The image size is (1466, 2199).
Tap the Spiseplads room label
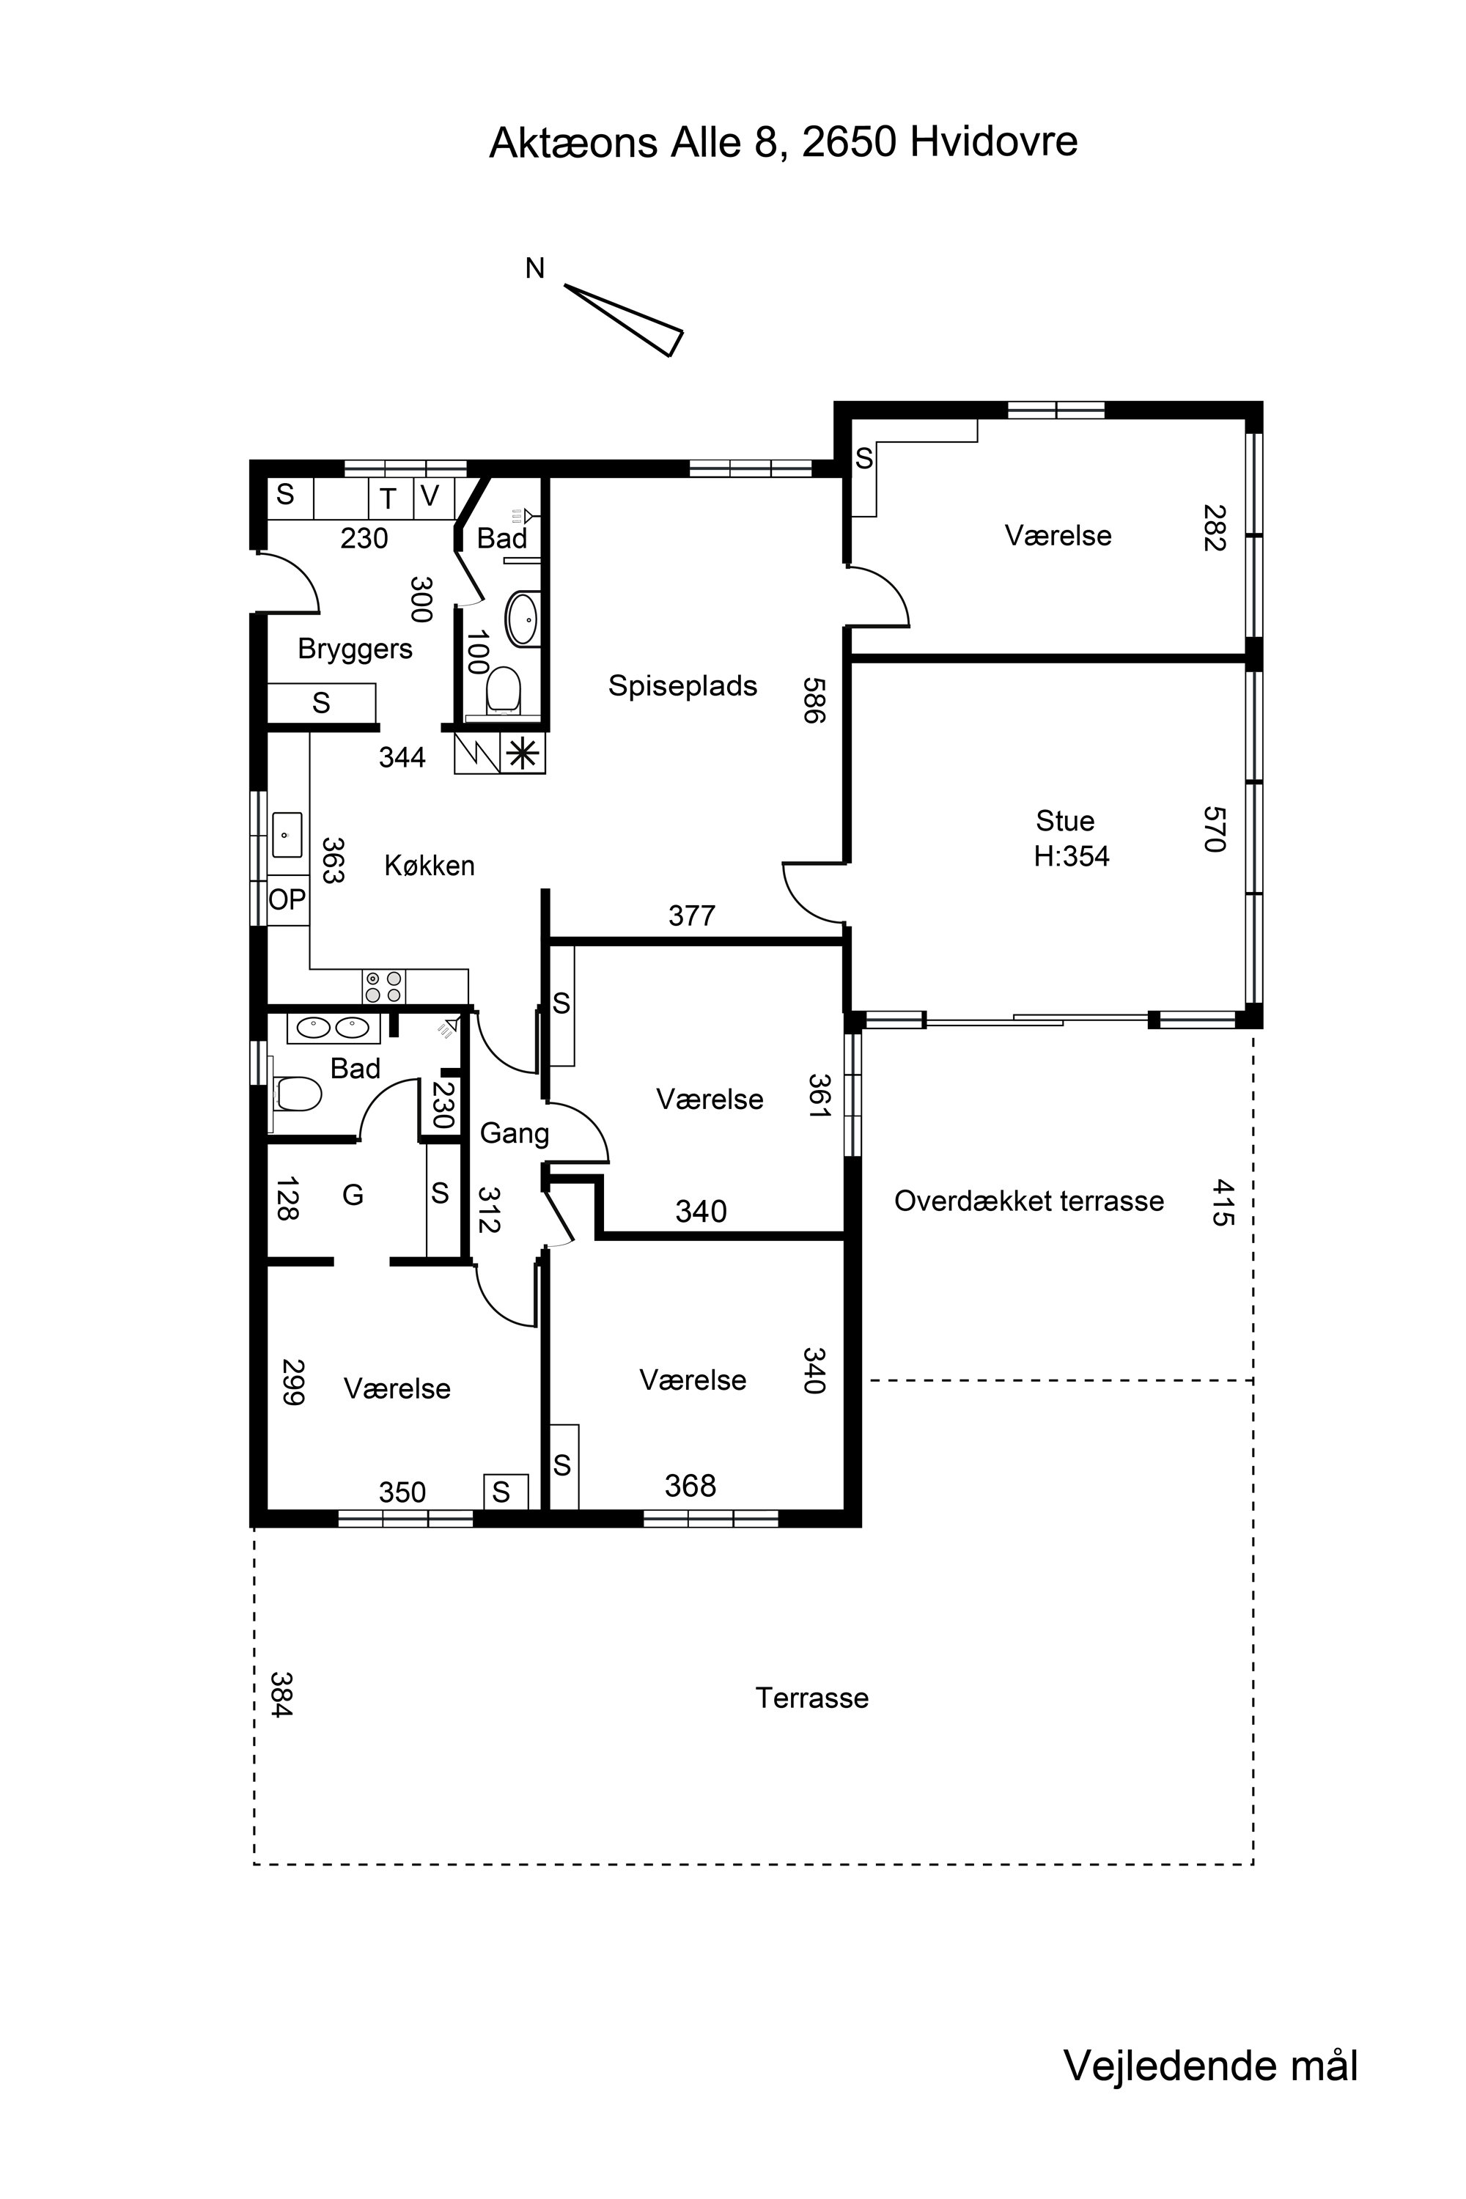682,685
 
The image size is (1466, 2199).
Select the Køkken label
429,866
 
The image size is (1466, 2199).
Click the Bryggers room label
356,649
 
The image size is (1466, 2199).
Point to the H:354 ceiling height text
1072,856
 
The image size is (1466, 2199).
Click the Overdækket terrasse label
1029,1201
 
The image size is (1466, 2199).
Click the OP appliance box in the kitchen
288,899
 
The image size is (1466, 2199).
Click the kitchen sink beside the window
287,834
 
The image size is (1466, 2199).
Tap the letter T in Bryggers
388,499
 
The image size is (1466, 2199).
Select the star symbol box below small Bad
523,753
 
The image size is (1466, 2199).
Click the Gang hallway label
515,1134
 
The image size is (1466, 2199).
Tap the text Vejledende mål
1211,2066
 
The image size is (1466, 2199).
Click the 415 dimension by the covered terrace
1223,1202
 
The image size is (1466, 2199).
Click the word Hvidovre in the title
994,141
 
